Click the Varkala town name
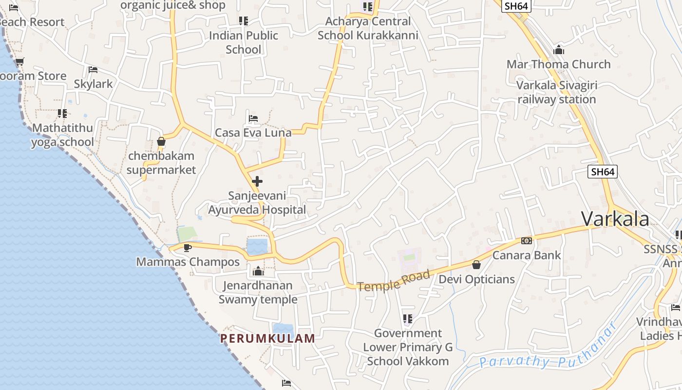tap(615, 219)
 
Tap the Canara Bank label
tap(526, 255)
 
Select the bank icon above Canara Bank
tap(527, 241)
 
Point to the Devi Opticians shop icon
tap(476, 265)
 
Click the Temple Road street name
tap(394, 281)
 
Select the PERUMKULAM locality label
tap(267, 338)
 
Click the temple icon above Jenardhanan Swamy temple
tap(258, 271)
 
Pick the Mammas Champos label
tap(188, 262)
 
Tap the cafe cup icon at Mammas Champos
tap(187, 248)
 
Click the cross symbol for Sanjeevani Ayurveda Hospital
tap(257, 182)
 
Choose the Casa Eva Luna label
tap(253, 133)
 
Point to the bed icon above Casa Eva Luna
tap(253, 118)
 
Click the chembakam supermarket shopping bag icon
tap(161, 142)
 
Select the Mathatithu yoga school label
tap(62, 135)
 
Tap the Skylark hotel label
tap(93, 84)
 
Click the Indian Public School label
tap(243, 42)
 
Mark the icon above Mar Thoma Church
tap(558, 50)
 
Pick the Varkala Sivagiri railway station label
tap(556, 92)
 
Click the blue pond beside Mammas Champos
tap(257, 246)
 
